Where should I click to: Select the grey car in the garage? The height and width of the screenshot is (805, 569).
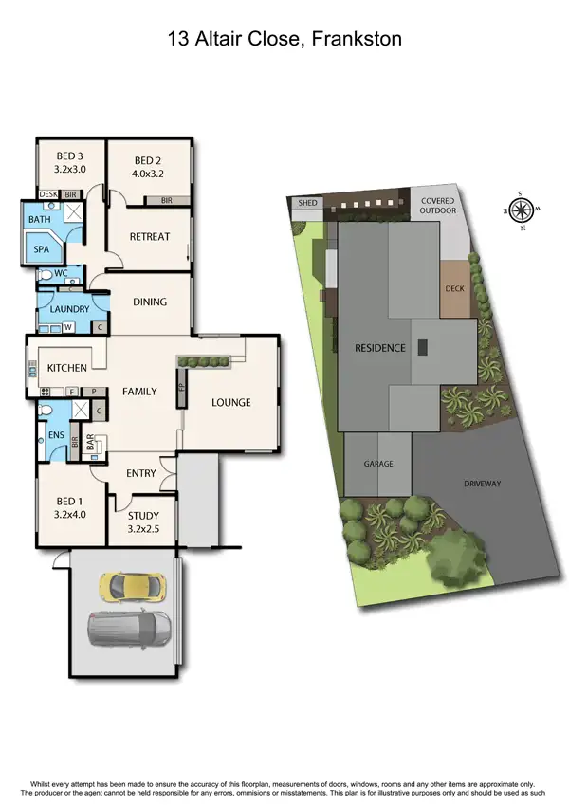(x=129, y=628)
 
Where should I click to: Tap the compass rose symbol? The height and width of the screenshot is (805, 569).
(x=521, y=210)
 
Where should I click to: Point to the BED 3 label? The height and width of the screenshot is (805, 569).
(x=69, y=156)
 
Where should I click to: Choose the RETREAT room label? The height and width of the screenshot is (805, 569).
(x=149, y=236)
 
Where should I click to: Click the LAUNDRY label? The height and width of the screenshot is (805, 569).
(x=69, y=309)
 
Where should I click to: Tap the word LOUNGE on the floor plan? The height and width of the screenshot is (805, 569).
(x=230, y=402)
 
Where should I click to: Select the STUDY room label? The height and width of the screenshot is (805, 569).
(x=144, y=516)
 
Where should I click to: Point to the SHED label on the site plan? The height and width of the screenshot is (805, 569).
(x=307, y=203)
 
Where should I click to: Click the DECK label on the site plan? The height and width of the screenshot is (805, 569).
(x=454, y=288)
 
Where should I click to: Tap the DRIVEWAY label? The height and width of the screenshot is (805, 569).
(x=482, y=484)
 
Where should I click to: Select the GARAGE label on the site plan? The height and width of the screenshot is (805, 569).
(x=378, y=464)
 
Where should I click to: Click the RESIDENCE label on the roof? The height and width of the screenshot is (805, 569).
(x=379, y=348)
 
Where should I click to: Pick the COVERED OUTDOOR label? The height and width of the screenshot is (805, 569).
(x=438, y=206)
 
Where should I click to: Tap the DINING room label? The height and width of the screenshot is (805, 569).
(x=149, y=302)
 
